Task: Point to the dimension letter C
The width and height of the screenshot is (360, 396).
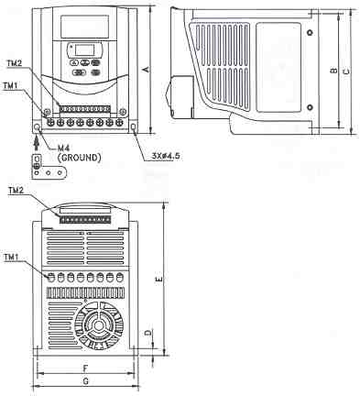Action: point(345,71)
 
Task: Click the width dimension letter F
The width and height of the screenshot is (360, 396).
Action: point(84,365)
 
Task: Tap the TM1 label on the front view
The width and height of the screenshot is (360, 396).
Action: point(10,85)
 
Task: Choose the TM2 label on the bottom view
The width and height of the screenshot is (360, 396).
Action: point(15,191)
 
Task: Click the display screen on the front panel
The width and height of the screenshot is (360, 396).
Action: point(85,51)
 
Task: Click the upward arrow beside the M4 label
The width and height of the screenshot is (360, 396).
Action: point(38,140)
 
